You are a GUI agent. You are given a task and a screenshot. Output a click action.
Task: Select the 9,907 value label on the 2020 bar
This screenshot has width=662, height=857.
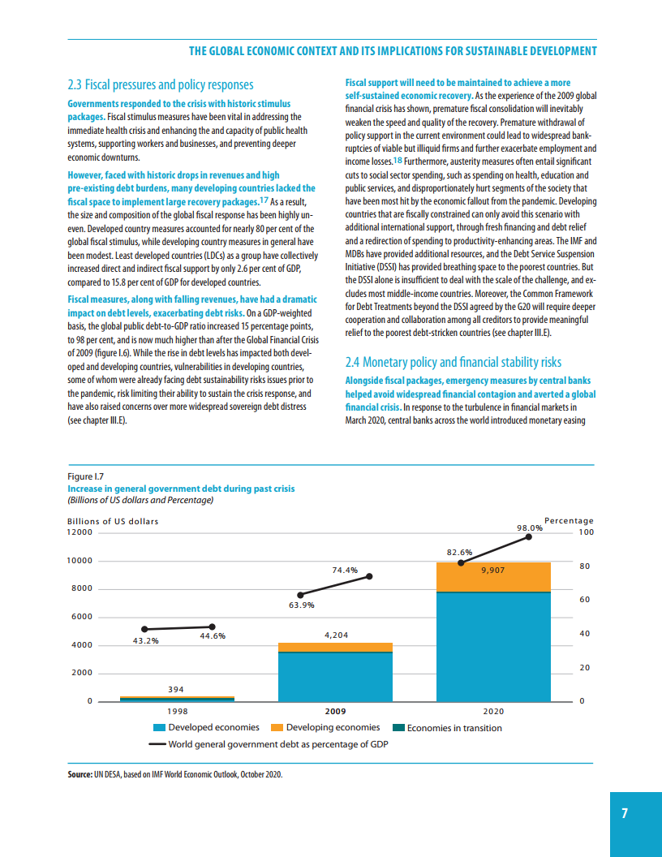(493, 571)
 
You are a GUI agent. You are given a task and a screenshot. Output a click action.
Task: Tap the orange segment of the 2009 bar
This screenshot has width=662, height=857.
(335, 647)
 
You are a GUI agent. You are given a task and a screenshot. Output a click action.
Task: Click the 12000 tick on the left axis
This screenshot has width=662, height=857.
(80, 532)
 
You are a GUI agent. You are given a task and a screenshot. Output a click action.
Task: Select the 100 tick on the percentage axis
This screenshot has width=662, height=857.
(587, 532)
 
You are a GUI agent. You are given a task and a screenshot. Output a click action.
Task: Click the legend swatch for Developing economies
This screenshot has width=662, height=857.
(276, 728)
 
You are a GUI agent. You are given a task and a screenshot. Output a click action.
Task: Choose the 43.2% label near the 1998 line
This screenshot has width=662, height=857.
(145, 640)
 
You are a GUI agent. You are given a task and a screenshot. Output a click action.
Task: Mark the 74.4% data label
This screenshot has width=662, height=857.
(345, 570)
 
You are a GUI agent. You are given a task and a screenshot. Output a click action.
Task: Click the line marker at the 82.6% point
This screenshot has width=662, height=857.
(461, 562)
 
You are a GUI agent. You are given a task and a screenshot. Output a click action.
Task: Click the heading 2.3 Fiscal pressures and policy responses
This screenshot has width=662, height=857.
(161, 84)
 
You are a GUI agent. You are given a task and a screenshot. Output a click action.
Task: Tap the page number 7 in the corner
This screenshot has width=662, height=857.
(625, 814)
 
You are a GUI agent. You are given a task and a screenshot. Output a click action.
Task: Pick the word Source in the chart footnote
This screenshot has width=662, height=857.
(80, 776)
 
